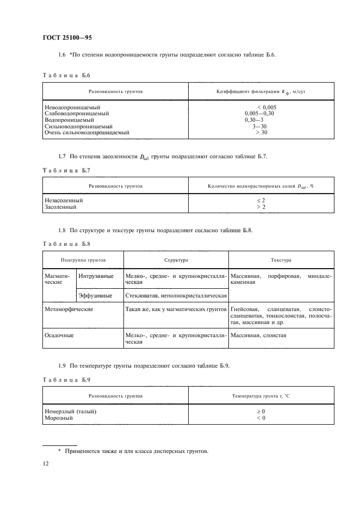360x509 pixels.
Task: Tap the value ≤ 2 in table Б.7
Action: pos(261,200)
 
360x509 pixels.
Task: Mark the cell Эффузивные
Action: pos(96,295)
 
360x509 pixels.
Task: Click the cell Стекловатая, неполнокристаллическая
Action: pos(176,295)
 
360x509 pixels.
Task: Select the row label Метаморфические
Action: pos(69,309)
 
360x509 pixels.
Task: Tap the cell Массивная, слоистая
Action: pos(258,336)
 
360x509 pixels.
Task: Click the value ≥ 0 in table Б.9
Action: pos(261,411)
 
